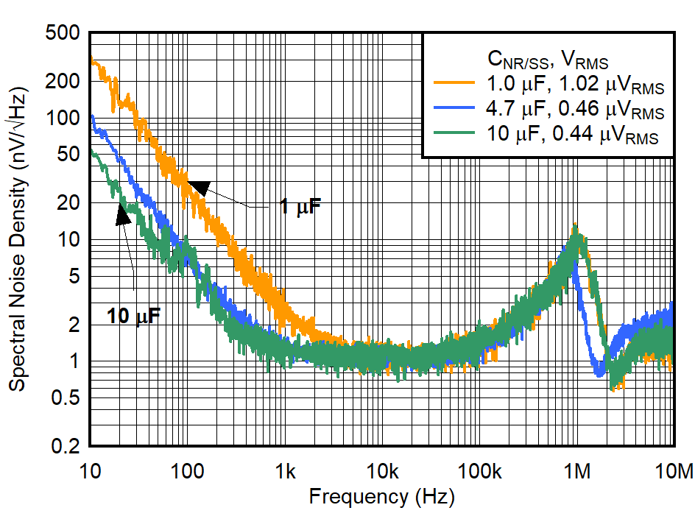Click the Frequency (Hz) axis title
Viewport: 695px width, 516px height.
(x=381, y=496)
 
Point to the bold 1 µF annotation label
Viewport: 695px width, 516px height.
(x=300, y=207)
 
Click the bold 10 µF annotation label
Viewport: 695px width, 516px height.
(x=133, y=317)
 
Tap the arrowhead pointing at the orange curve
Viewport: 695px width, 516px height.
(x=199, y=187)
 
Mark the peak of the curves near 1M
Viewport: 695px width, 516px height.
(x=576, y=228)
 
